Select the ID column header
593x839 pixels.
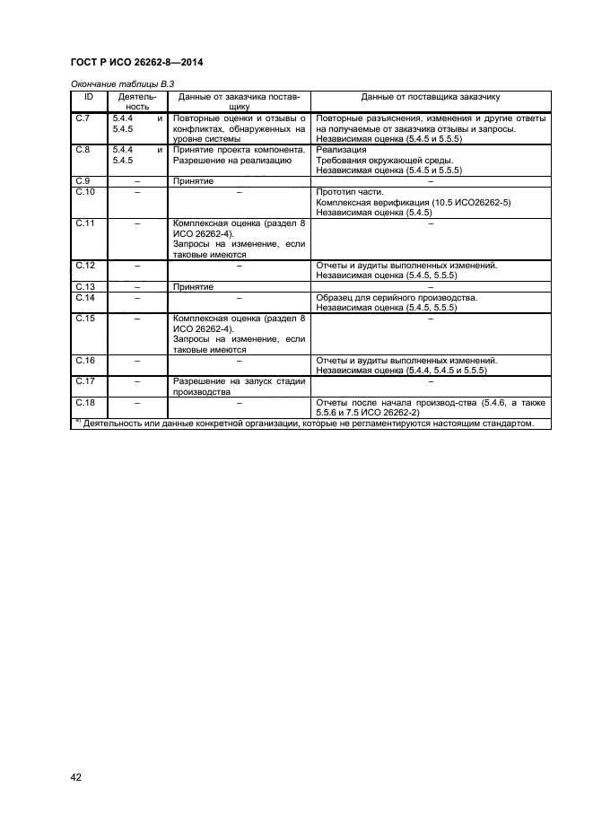click(89, 95)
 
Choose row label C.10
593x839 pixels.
click(85, 192)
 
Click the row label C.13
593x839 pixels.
click(85, 286)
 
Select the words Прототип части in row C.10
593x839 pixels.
click(350, 192)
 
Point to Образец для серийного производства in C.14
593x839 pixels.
click(397, 297)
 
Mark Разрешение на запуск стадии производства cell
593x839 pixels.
click(239, 387)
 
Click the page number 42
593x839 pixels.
click(75, 777)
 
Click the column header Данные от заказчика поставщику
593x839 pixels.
click(239, 100)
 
